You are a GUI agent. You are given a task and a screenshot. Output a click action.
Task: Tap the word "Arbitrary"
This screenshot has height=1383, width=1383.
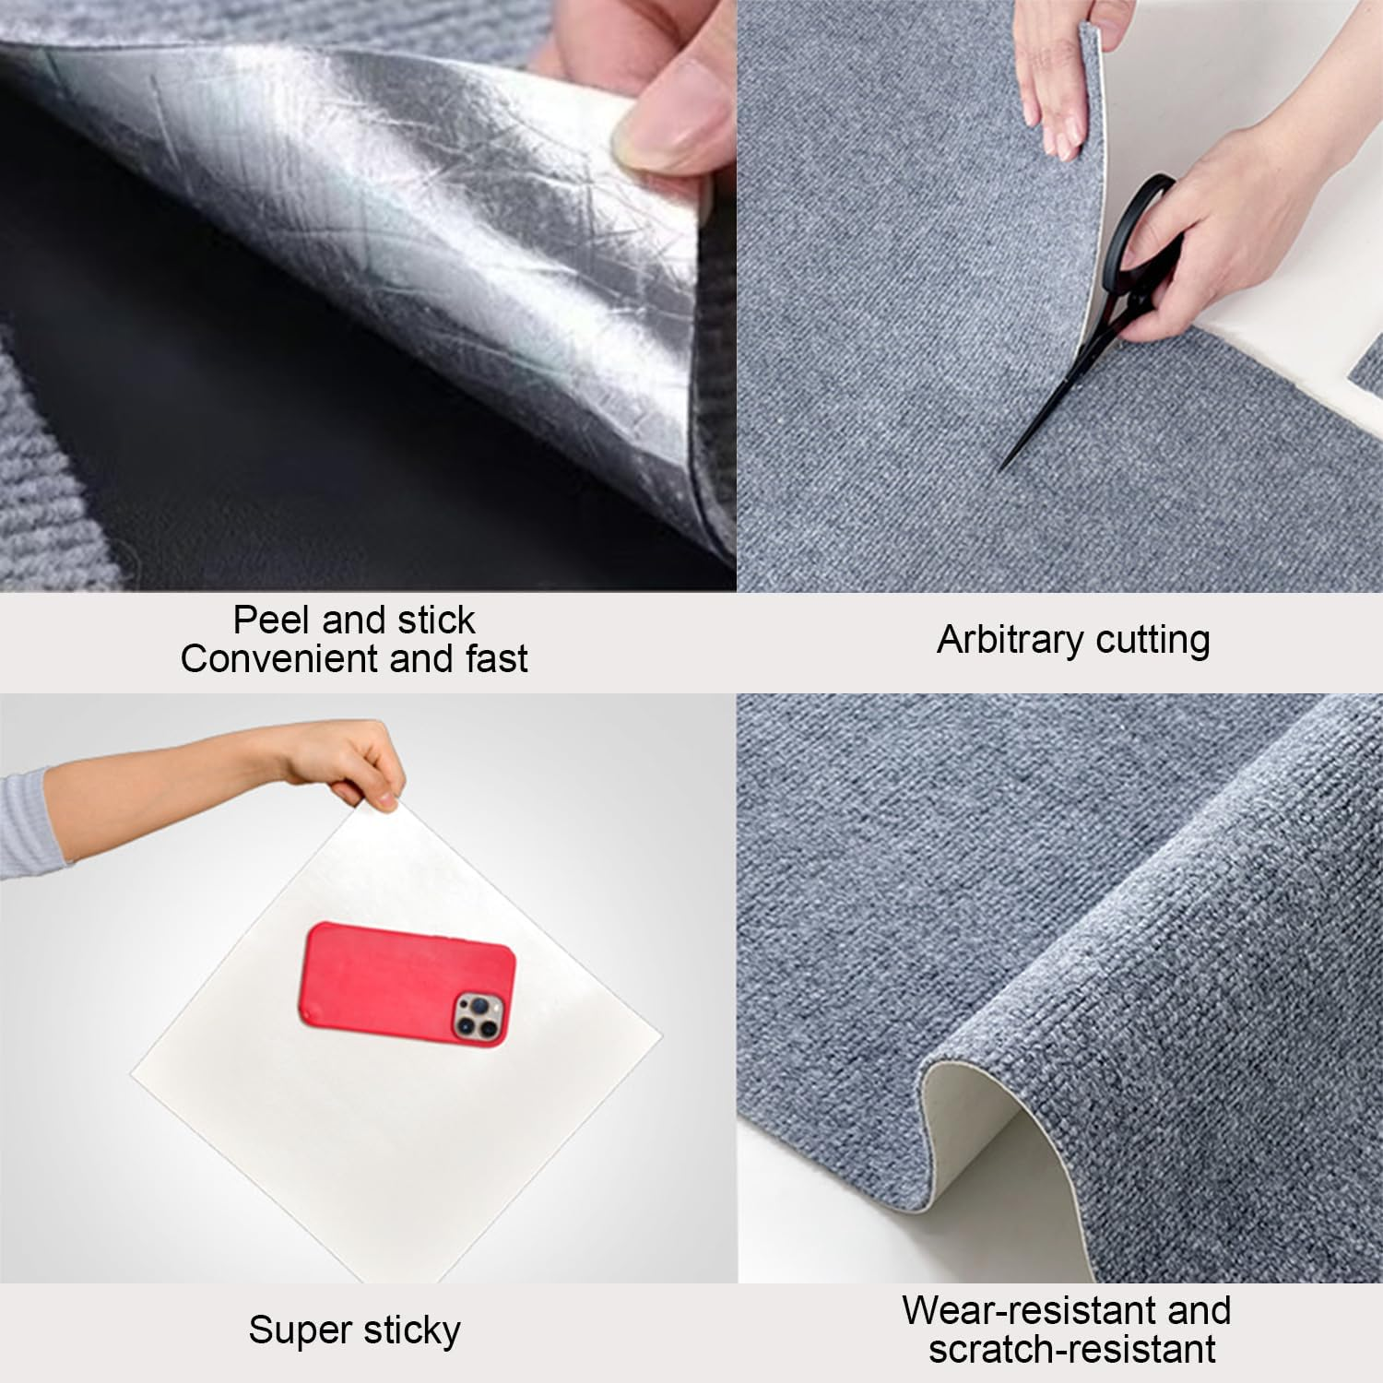(x=999, y=639)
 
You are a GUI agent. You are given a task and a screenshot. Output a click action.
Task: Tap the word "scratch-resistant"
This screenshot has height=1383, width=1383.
(x=1072, y=1350)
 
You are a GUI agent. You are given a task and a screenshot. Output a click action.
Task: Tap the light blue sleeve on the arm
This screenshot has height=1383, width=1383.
(x=28, y=821)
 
